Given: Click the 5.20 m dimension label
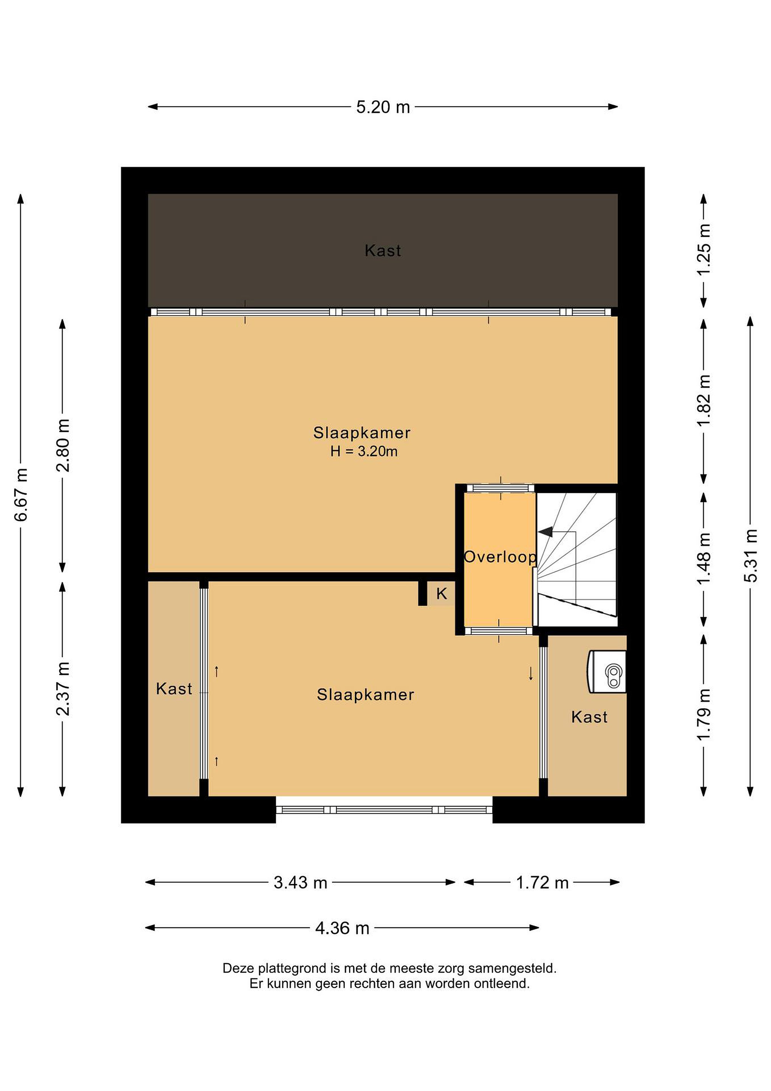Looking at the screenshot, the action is click(383, 107).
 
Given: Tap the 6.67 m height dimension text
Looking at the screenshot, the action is click(21, 495).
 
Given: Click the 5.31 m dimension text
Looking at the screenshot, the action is click(750, 555).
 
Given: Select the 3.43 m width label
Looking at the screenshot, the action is click(301, 883).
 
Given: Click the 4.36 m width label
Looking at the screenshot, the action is click(342, 928).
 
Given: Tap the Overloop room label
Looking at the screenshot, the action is click(500, 557).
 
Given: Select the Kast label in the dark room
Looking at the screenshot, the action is click(383, 250).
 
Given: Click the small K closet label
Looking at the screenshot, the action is click(442, 594).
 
